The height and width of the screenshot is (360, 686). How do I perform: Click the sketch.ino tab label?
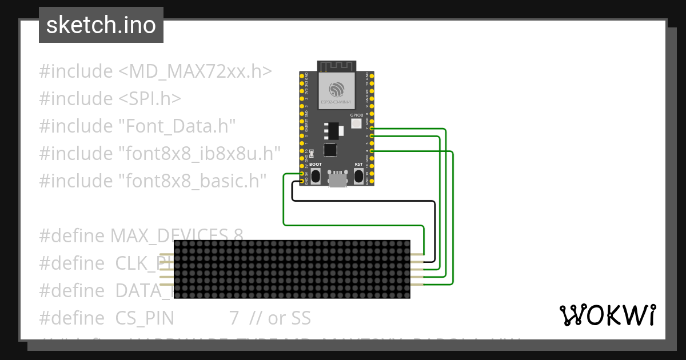pyautogui.click(x=101, y=25)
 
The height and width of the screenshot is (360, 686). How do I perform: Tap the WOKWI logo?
pyautogui.click(x=608, y=315)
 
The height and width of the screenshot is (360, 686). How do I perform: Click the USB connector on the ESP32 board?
pyautogui.click(x=337, y=180)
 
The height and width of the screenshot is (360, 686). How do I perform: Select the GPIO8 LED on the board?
pyautogui.click(x=356, y=123)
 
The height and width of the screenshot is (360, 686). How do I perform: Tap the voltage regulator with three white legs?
pyautogui.click(x=332, y=131)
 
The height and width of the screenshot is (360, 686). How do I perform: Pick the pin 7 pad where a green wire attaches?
pyautogui.click(x=372, y=129)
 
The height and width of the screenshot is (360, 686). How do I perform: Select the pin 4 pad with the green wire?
pyautogui.click(x=372, y=150)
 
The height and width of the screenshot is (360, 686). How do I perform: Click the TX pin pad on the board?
pyautogui.click(x=372, y=83)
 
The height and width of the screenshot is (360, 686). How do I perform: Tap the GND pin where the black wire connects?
pyautogui.click(x=302, y=182)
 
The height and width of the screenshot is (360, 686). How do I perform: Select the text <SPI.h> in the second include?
pyautogui.click(x=150, y=99)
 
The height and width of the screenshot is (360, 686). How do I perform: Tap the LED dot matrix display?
pyautogui.click(x=292, y=269)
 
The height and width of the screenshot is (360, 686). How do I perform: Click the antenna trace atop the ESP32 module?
pyautogui.click(x=337, y=66)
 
